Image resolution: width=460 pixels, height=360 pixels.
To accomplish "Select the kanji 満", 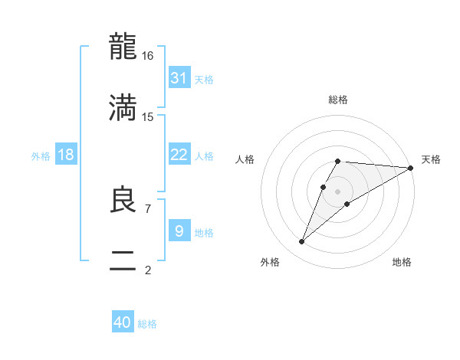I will coord(123,107).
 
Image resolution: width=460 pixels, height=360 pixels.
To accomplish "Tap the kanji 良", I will coord(123,199).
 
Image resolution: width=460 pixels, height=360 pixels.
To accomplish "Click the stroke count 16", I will coord(148,56).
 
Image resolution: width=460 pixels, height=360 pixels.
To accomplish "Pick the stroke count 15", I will coord(148,117).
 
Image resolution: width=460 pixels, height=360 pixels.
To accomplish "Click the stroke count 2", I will coord(147,270).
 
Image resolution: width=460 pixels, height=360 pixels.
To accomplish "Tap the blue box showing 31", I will coord(179,78).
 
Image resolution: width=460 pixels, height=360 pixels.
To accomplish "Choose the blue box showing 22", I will coord(179,155).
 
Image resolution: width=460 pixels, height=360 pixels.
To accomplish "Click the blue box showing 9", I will coord(179,231).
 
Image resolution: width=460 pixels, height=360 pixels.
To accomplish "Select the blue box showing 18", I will coord(66,155).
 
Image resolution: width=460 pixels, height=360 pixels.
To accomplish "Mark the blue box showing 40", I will coord(123,322).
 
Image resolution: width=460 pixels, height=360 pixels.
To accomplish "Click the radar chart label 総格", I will coord(338,100).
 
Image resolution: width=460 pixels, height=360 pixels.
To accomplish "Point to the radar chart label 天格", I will coord(432,159).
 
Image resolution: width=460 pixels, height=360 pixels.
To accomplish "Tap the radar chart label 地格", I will coord(402,262).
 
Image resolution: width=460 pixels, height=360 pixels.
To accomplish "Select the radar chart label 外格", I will coord(270,262).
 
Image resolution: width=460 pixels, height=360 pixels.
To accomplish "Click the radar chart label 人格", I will coord(245,159).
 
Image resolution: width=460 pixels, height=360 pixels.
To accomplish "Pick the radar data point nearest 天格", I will coord(410,168).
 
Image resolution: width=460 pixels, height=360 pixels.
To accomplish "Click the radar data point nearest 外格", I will coord(302,241).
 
